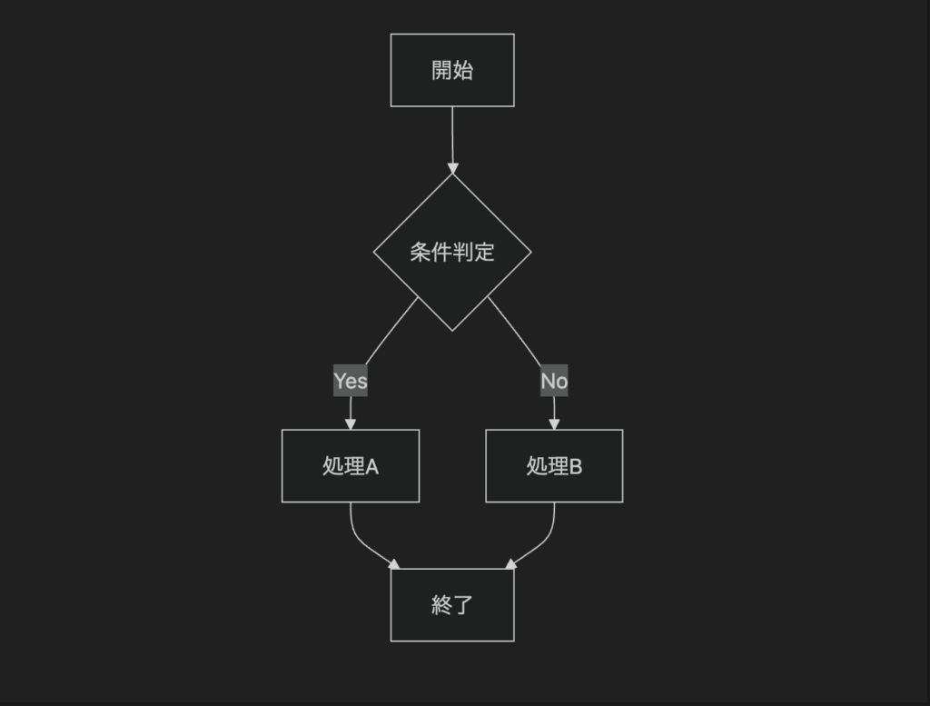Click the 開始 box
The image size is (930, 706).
452,70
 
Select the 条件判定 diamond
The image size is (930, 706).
452,253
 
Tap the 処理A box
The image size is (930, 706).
351,466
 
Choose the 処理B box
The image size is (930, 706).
554,466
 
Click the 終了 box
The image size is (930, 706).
452,604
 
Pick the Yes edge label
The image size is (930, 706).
351,381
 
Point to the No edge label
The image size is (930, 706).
554,381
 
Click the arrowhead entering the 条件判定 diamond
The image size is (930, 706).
452,168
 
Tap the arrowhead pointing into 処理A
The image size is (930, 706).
351,424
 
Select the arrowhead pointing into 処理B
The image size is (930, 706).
554,424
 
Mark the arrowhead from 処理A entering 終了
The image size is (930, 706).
394,564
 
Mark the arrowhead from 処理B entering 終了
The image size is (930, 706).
510,564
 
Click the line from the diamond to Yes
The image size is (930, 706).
391,331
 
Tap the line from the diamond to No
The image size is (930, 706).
515,331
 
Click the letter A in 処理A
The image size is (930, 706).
371,467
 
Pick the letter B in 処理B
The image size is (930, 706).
575,467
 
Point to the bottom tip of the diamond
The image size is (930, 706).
452,331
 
